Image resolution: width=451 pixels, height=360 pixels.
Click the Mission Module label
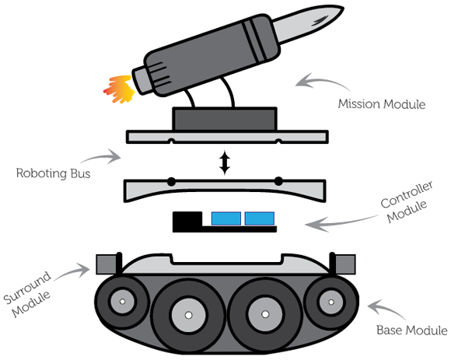381,103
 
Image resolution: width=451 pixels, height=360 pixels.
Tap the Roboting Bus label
52,173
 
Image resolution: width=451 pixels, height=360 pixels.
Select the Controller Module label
404,203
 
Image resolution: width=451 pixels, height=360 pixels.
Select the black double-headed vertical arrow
225,163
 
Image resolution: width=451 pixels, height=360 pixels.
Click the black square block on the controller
186,221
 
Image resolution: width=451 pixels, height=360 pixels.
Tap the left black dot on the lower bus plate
170,182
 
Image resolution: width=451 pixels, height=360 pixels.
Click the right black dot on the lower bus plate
278,182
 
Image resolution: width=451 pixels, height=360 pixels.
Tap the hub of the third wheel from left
264,315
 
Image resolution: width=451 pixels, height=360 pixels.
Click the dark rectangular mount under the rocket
224,118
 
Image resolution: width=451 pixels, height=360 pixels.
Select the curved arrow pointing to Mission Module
315,80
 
